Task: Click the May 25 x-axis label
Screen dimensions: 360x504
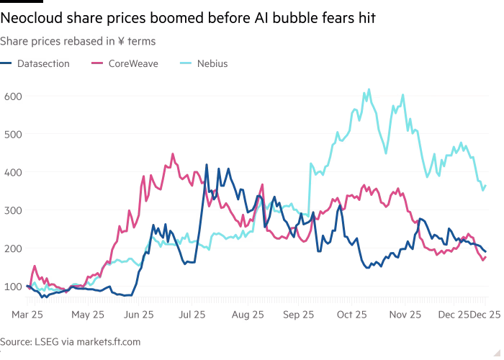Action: pyautogui.click(x=89, y=314)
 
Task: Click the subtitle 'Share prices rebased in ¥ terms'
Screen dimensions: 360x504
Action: pyautogui.click(x=79, y=42)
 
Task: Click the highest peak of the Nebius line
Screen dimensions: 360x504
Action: pyautogui.click(x=369, y=90)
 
